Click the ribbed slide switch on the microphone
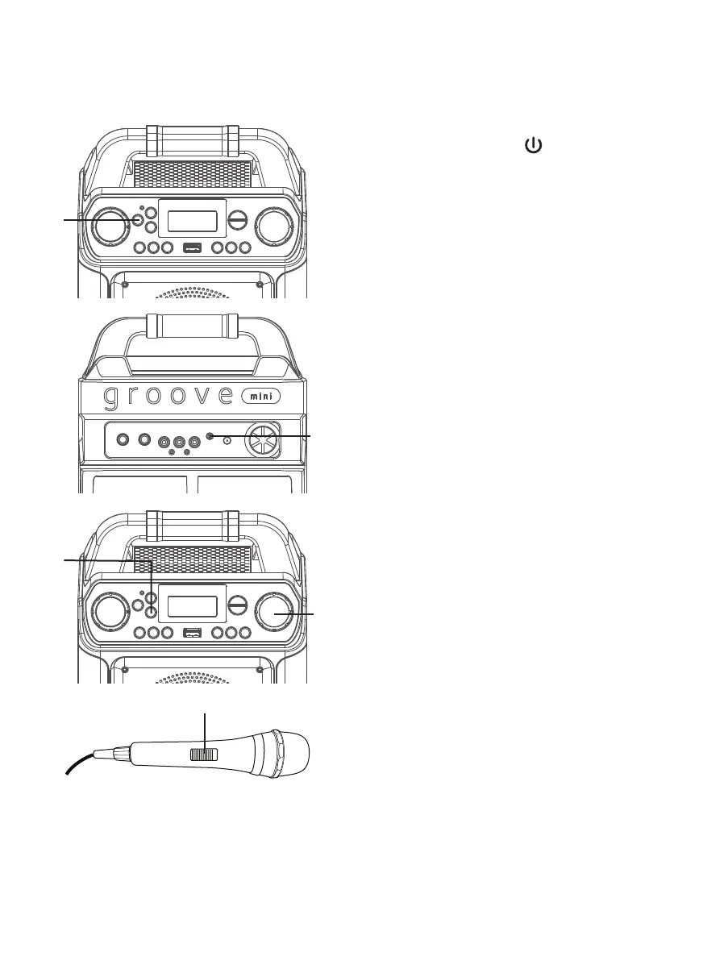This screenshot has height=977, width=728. coord(203,755)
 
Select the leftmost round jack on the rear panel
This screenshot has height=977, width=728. coord(122,440)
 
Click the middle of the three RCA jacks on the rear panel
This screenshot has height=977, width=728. coord(179,442)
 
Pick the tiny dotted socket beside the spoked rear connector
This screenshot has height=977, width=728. coord(227,440)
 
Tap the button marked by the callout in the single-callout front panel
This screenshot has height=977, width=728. coord(139,219)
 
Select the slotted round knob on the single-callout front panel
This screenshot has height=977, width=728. coord(239,220)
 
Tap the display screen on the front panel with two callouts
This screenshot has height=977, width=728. coord(193,606)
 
